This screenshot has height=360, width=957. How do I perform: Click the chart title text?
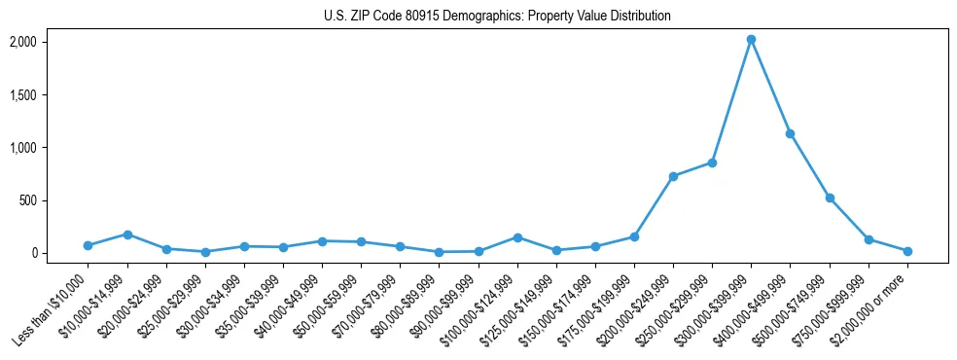(497, 16)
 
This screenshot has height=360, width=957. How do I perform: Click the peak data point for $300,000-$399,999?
(751, 40)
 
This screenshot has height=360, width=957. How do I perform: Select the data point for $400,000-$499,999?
(791, 133)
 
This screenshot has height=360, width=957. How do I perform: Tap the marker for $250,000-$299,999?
(712, 162)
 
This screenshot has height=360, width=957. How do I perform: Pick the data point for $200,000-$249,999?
(673, 176)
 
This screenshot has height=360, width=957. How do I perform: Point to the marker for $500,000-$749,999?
(830, 198)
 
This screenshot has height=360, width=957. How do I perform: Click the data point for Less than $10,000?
(88, 245)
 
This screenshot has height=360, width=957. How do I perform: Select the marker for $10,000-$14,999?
(126, 234)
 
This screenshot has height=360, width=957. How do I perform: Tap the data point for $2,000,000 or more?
(907, 251)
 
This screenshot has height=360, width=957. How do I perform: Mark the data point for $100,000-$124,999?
(517, 237)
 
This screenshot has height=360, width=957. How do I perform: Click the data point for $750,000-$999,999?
(868, 239)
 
